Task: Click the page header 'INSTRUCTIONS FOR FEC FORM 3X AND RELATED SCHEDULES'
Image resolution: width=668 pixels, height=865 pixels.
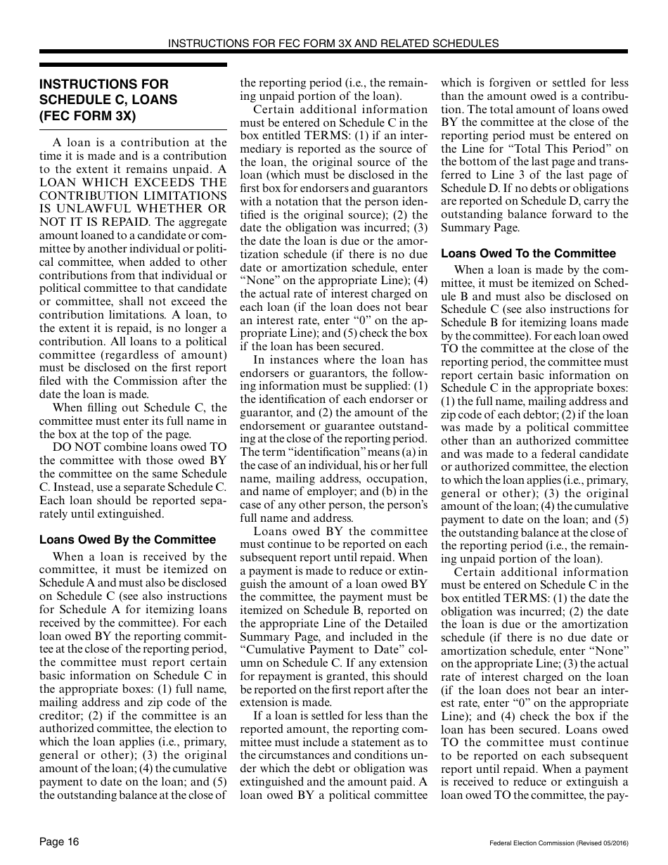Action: [333, 43]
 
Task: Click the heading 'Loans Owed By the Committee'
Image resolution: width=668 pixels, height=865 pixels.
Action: [127, 540]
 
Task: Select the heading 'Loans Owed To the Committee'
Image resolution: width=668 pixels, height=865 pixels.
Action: [528, 253]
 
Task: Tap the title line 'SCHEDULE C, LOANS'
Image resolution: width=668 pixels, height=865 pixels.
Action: [108, 100]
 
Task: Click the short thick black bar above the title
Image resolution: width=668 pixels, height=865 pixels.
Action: [133, 65]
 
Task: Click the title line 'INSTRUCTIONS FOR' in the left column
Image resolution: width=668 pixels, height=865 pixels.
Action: [104, 84]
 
